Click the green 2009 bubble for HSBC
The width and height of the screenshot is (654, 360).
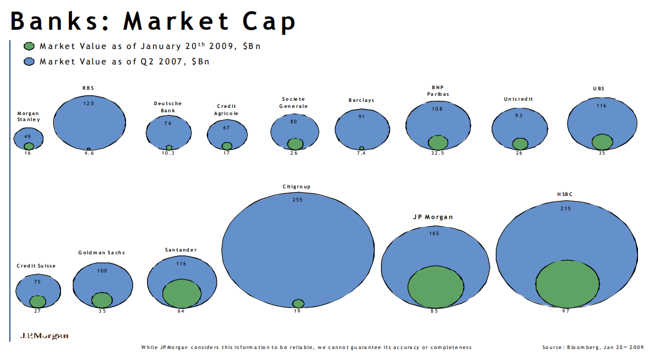(x=567, y=285)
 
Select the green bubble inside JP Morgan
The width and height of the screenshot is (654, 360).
(x=435, y=287)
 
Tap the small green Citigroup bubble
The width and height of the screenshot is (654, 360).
(x=298, y=303)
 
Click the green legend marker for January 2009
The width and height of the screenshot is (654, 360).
(x=30, y=46)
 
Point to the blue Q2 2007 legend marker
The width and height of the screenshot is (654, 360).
(x=30, y=62)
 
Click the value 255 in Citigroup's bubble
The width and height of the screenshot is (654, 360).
(x=297, y=200)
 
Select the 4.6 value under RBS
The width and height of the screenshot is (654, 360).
(x=89, y=154)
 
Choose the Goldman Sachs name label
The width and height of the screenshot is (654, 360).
(x=102, y=253)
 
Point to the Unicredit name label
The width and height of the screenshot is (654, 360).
(x=519, y=99)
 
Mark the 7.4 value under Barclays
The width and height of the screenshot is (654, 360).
(x=362, y=154)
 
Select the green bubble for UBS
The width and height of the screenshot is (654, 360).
(x=602, y=141)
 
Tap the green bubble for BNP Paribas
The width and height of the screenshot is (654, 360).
(x=438, y=141)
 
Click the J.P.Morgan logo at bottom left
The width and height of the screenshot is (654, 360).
(x=45, y=335)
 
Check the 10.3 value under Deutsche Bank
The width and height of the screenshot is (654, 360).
(x=169, y=154)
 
